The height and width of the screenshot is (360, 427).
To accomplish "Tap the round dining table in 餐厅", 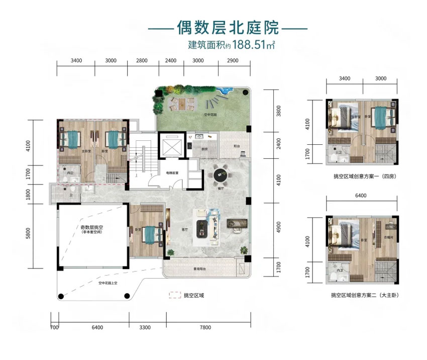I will [221, 175].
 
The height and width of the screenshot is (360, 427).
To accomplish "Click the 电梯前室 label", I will [172, 172].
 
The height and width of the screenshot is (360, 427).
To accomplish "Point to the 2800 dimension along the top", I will [142, 60].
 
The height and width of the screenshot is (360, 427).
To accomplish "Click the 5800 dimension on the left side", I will [29, 235].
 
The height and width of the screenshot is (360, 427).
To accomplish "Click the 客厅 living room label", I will [184, 229].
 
